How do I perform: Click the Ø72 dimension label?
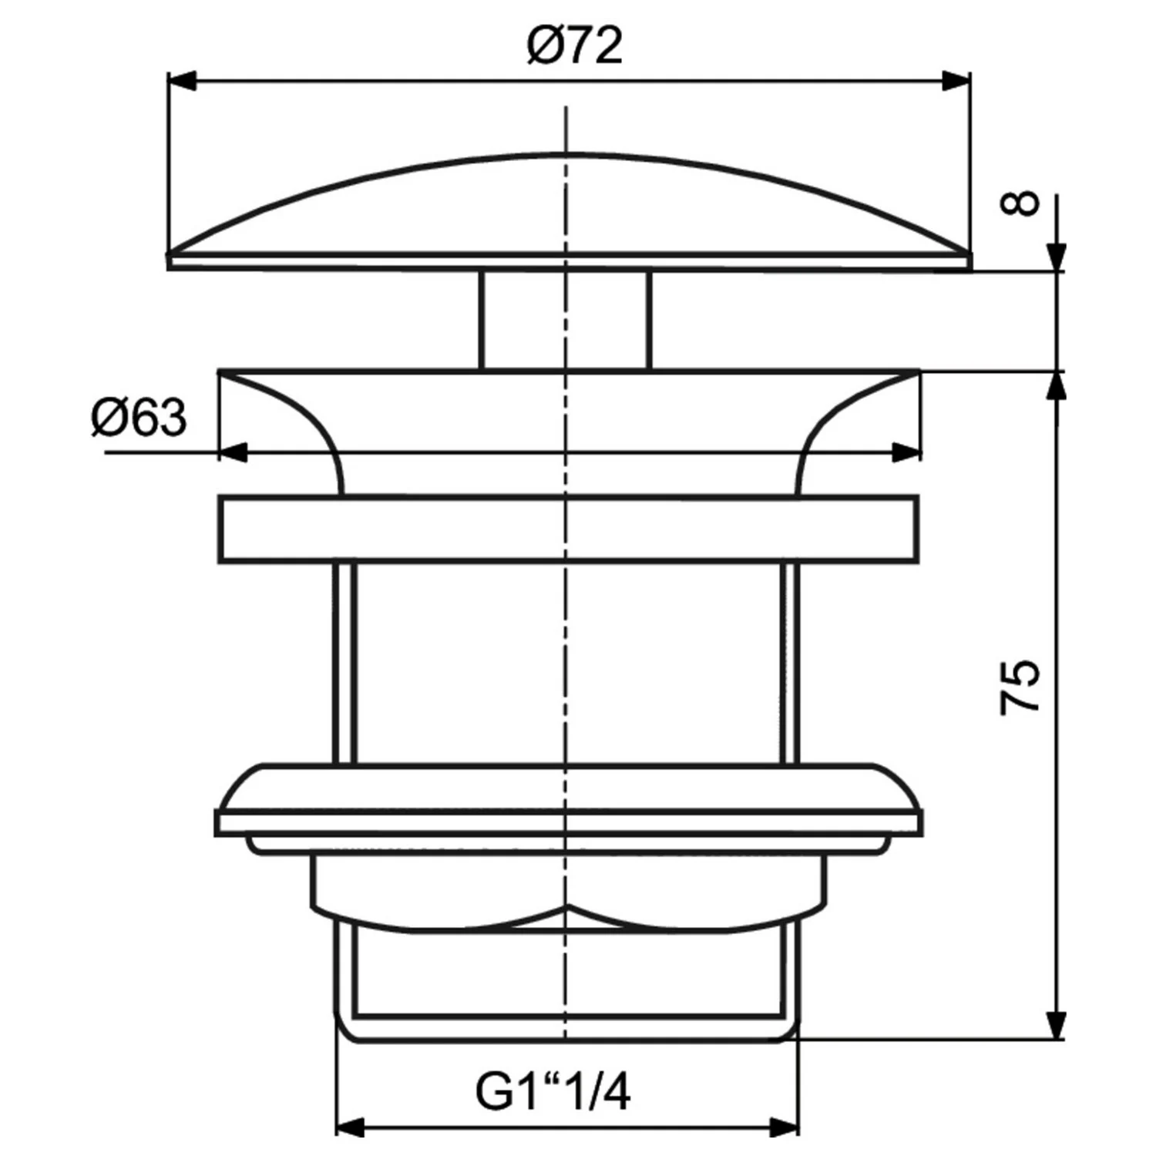(x=574, y=46)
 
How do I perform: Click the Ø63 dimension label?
(x=139, y=418)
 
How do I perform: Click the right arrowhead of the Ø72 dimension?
(x=956, y=82)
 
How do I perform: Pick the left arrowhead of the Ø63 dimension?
(x=234, y=453)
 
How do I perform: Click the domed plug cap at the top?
(x=569, y=208)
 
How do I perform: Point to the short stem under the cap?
(x=566, y=320)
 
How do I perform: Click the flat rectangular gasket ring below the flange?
(x=569, y=530)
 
